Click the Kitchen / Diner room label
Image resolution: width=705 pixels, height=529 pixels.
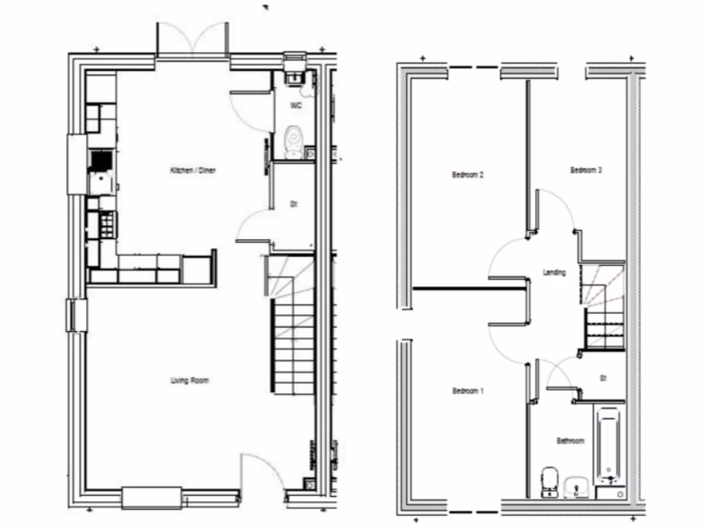click(193, 169)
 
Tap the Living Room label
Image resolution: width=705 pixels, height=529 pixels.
click(189, 380)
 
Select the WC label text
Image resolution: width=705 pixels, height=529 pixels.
click(296, 106)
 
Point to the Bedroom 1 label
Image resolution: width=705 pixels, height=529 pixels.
click(468, 391)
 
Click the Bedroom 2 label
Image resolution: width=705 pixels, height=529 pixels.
click(468, 175)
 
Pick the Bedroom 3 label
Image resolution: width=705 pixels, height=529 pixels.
click(587, 170)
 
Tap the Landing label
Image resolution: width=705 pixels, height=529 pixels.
click(554, 273)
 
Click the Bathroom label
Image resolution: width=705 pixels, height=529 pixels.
click(571, 441)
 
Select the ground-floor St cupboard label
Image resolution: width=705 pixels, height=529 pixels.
click(293, 205)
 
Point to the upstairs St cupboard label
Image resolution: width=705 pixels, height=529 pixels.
click(602, 378)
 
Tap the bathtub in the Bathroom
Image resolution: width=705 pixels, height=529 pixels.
click(608, 444)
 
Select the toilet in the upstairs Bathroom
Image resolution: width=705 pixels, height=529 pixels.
click(549, 481)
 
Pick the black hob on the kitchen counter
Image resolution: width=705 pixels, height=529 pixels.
click(101, 160)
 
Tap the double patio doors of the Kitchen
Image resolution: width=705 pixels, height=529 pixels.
click(193, 41)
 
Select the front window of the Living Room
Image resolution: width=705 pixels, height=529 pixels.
click(151, 497)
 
